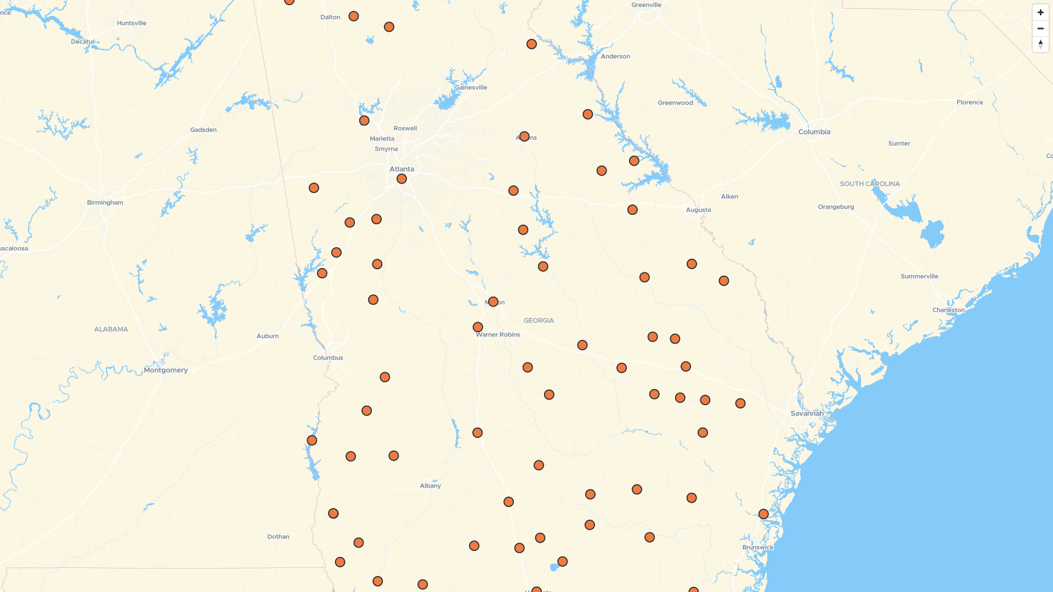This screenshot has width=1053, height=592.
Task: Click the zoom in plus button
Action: click(x=1040, y=13)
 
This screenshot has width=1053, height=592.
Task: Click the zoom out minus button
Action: click(x=1040, y=29)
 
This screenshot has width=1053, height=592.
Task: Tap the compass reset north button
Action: click(x=1040, y=44)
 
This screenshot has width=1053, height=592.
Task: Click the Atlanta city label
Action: click(x=401, y=169)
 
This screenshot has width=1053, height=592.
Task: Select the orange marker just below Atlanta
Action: click(x=401, y=179)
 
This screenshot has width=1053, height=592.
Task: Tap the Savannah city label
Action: click(x=806, y=413)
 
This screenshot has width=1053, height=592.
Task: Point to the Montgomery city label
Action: click(x=166, y=370)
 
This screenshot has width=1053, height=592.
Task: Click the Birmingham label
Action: click(x=105, y=202)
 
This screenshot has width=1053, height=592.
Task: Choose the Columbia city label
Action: click(x=814, y=132)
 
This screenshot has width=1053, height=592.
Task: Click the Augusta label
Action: click(x=698, y=210)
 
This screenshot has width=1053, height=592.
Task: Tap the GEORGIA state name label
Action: click(x=539, y=321)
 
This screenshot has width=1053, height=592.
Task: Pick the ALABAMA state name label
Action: click(x=111, y=329)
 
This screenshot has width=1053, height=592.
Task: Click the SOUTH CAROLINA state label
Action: click(x=870, y=184)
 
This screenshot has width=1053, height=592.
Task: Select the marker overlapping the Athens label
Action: click(x=524, y=136)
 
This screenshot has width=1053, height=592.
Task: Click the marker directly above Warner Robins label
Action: click(x=478, y=327)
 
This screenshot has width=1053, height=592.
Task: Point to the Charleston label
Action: click(x=948, y=310)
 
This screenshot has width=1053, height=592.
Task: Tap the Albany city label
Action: click(x=430, y=486)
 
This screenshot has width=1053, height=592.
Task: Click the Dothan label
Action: click(x=278, y=537)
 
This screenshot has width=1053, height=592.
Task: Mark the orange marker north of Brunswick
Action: click(x=763, y=514)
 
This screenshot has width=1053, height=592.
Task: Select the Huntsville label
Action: click(x=132, y=23)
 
